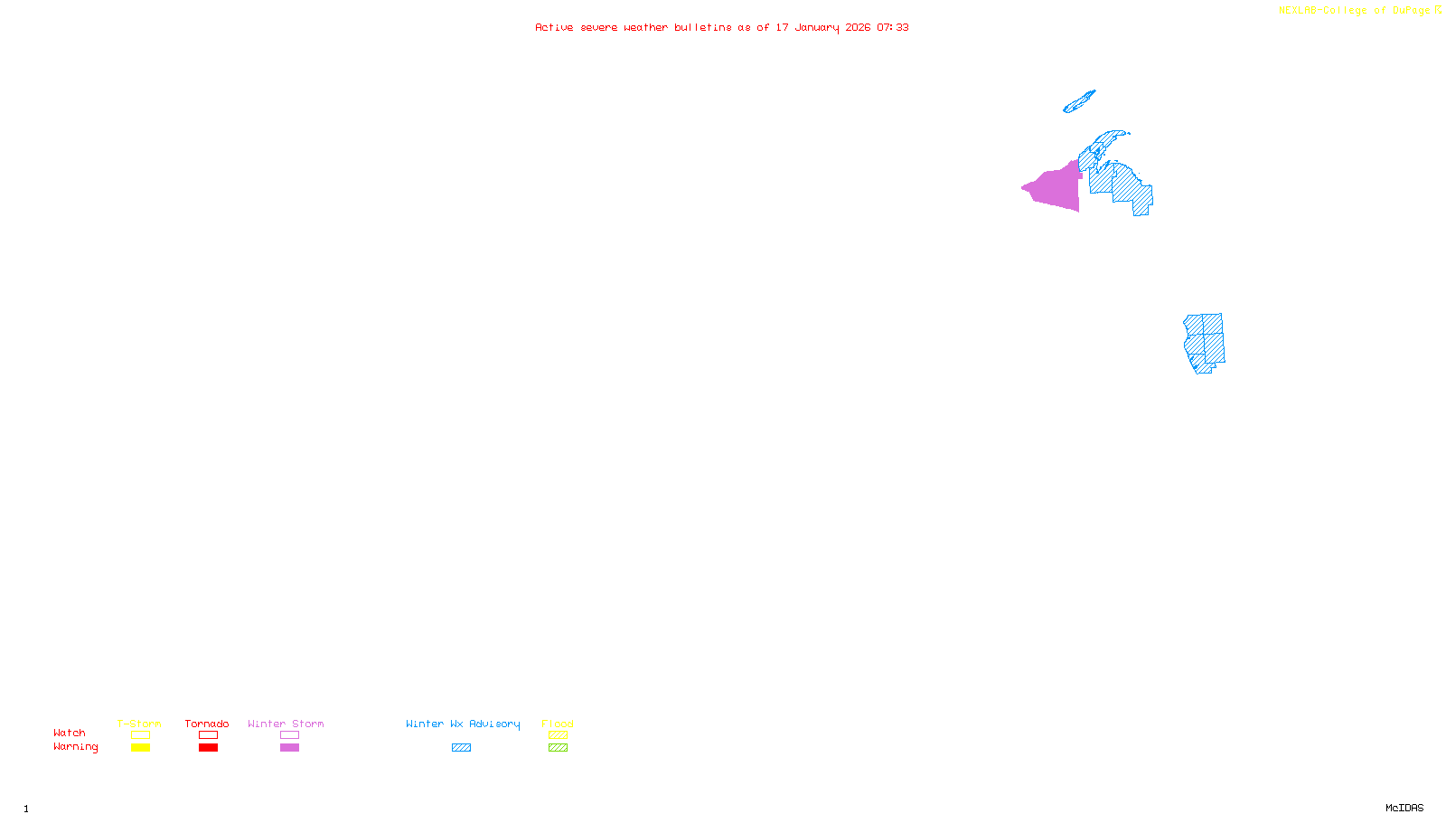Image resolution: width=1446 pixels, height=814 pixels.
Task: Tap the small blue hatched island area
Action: point(1079,101)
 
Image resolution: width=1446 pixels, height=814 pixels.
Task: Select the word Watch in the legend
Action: point(70,734)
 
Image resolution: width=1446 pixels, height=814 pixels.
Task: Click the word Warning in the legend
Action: point(75,747)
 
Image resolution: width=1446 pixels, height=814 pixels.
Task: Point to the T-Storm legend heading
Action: point(139,724)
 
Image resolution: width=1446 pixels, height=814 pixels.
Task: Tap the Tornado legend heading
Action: point(207,724)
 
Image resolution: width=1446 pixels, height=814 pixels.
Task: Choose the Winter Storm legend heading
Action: point(286,724)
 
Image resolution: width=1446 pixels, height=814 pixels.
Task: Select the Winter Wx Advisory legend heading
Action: point(463,724)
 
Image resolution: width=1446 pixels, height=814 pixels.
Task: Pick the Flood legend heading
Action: point(558,724)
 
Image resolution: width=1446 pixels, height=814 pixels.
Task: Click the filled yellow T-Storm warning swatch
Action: point(140,748)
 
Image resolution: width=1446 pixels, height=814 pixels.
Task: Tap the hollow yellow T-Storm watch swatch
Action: point(140,735)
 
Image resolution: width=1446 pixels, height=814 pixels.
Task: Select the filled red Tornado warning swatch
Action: point(208,748)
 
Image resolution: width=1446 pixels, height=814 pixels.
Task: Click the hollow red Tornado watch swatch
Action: point(208,735)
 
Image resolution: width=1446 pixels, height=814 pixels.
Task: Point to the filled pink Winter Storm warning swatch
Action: point(289,748)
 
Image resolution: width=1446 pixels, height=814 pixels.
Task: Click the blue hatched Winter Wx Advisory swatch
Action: point(461,748)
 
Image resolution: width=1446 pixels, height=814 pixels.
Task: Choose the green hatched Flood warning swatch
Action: point(558,748)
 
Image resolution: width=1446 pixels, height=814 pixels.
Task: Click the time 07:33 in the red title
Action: point(893,27)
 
